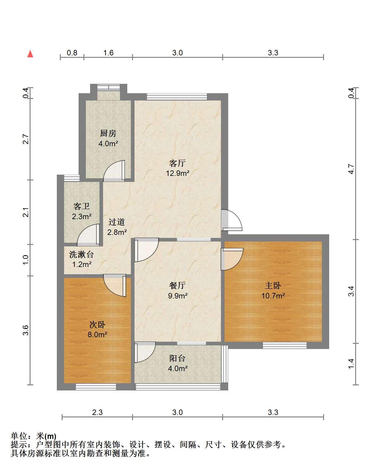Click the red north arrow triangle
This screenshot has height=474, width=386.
[x=30, y=54]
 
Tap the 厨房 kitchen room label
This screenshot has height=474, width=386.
[x=108, y=133]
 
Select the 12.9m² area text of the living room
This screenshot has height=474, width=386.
[x=177, y=173]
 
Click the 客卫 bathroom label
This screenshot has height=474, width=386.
[x=82, y=206]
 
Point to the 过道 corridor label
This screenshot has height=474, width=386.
[x=116, y=222]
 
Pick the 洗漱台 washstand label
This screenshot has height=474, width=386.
[x=81, y=255]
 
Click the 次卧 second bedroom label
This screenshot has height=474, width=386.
[x=97, y=324]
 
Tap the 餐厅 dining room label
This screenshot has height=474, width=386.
[x=177, y=285]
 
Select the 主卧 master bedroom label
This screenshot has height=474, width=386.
[x=273, y=285]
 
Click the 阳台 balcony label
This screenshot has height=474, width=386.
[x=177, y=358]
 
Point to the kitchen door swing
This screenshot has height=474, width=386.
[x=114, y=171]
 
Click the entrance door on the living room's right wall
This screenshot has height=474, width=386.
[x=232, y=220]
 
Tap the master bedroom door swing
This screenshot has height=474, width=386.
[x=232, y=259]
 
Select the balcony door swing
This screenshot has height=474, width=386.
[x=145, y=352]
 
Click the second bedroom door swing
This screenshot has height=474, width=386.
[x=115, y=285]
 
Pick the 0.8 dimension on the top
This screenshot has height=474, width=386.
[x=72, y=53]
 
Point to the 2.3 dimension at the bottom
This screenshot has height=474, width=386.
[x=97, y=413]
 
